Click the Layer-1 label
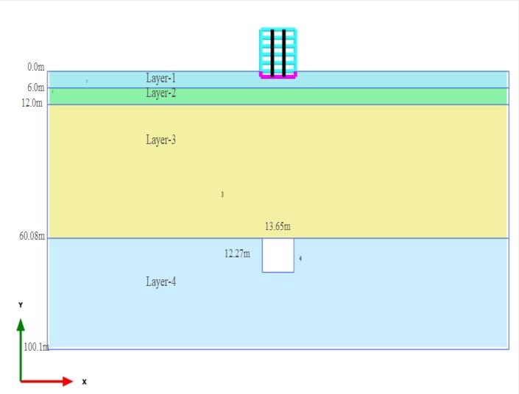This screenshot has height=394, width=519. (x=160, y=78)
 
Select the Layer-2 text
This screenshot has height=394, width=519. (x=160, y=93)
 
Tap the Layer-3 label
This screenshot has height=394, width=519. (x=160, y=140)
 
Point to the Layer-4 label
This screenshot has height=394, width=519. (x=160, y=282)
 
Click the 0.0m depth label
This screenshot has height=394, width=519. (x=36, y=67)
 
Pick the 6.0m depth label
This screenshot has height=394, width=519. (x=36, y=87)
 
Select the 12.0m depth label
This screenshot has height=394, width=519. (x=32, y=103)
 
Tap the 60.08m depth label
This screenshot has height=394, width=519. (x=32, y=237)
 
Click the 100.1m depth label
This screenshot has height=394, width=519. (x=35, y=347)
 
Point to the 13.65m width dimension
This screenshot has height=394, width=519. (x=278, y=226)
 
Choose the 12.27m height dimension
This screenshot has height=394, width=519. (x=237, y=254)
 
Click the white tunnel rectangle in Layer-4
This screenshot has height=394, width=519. (x=278, y=255)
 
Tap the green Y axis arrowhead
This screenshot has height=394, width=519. (x=21, y=324)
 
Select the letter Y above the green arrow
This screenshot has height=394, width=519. (x=21, y=304)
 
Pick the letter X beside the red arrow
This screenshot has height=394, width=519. (x=84, y=382)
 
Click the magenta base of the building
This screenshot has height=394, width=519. (x=278, y=75)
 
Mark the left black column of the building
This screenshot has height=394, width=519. (x=272, y=51)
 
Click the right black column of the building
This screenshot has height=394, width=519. (x=283, y=51)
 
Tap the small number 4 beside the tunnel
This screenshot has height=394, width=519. (x=300, y=259)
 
